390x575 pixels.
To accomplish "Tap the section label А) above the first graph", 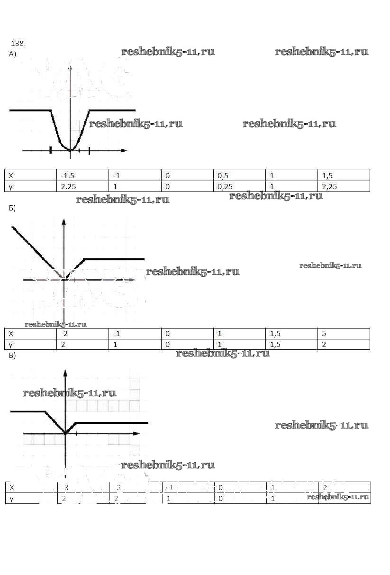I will tap(12, 55).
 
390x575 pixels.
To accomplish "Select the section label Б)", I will tap(12, 208).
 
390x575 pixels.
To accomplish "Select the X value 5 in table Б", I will tap(324, 334).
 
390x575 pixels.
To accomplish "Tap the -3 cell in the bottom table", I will tap(65, 488).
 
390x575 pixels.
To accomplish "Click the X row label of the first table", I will tap(11, 176).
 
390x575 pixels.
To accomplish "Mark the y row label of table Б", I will tap(11, 345).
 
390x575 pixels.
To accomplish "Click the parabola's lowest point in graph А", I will tap(70, 150).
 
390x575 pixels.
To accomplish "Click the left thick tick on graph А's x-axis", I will tap(50, 150).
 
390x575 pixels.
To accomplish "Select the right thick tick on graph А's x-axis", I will tap(90, 150).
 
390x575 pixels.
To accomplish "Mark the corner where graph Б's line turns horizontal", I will tap(84, 259).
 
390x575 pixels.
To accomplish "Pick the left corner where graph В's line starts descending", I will tap(45, 411).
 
